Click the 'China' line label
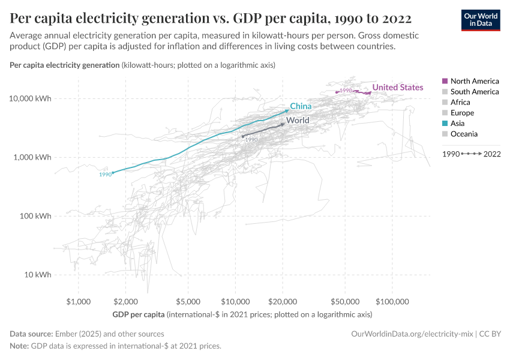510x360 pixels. (x=301, y=106)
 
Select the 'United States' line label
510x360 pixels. (x=397, y=88)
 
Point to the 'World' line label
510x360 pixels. (x=298, y=121)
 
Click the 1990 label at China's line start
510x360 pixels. (x=106, y=175)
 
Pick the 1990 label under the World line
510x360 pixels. (x=251, y=140)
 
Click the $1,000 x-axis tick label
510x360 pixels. (x=79, y=301)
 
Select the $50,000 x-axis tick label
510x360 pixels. (x=345, y=301)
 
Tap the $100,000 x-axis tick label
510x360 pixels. (x=392, y=301)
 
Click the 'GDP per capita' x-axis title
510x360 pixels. (x=138, y=314)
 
